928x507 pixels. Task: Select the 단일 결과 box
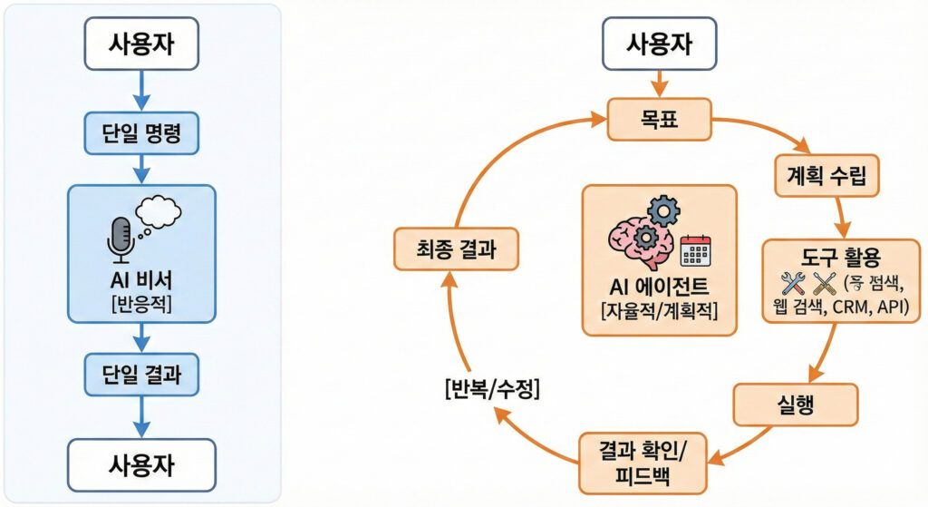140,374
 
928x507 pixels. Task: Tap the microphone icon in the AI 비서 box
120,238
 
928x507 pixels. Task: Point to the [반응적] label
140,304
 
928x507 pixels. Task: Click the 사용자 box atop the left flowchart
140,43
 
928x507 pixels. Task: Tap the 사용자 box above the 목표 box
660,43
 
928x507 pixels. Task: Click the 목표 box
660,118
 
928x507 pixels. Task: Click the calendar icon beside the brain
695,249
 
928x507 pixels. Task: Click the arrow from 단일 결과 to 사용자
140,416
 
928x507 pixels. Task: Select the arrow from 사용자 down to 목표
660,83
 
